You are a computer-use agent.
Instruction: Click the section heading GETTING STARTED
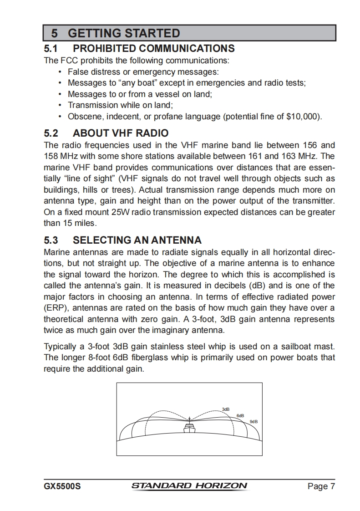[x=124, y=33]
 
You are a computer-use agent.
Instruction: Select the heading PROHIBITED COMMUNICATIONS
[x=154, y=48]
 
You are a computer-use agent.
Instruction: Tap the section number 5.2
[x=51, y=133]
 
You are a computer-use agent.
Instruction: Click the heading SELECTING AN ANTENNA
[x=137, y=240]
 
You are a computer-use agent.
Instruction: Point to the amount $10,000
[x=301, y=116]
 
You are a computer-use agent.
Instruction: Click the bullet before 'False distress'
[x=61, y=72]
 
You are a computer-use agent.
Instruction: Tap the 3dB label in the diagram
[x=225, y=409]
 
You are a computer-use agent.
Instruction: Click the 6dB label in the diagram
[x=240, y=415]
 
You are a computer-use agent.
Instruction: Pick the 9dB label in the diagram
[x=254, y=421]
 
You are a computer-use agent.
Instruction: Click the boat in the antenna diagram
[x=189, y=428]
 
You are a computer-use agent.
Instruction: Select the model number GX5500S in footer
[x=62, y=486]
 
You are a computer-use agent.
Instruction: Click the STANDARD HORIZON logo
[x=189, y=486]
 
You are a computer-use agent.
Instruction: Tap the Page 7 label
[x=321, y=486]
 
